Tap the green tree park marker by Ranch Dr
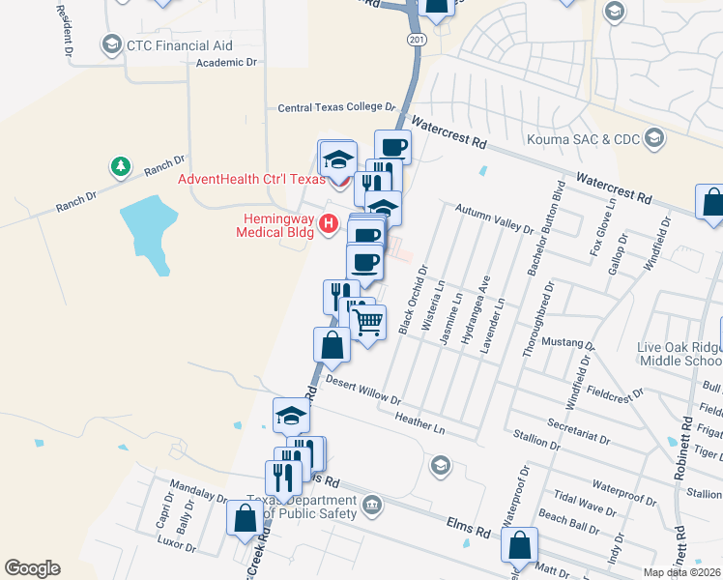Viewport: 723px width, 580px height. click(120, 168)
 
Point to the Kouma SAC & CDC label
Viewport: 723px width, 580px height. click(583, 139)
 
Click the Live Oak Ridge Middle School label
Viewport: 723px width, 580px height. click(680, 354)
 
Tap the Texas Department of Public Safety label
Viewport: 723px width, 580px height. click(301, 506)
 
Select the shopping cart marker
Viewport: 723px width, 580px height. click(367, 322)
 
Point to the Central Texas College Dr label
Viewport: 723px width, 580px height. click(337, 108)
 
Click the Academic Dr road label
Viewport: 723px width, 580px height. click(227, 62)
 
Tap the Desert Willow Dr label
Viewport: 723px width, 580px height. click(363, 390)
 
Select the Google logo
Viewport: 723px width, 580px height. click(32, 568)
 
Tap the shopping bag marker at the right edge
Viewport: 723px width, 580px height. click(711, 203)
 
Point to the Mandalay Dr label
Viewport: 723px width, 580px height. click(197, 489)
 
